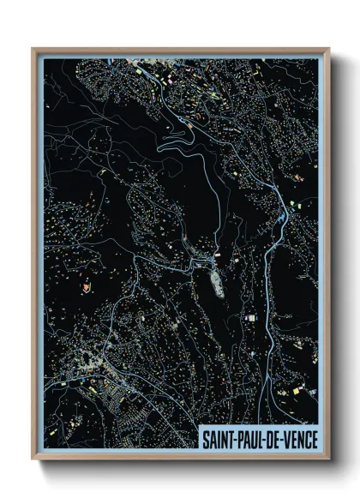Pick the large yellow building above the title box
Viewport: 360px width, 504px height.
[x=297, y=391]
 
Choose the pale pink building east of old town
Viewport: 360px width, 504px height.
[x=251, y=318]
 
